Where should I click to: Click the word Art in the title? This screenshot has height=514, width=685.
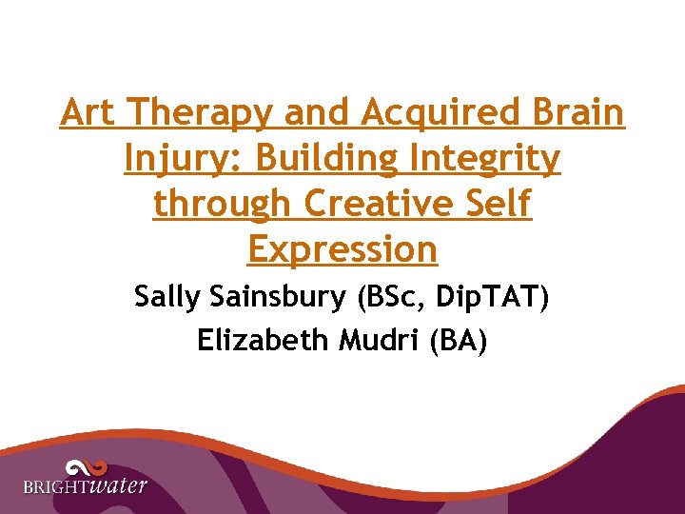[88, 113]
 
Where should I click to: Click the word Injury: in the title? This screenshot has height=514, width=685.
[181, 159]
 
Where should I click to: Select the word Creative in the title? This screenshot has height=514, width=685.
[381, 203]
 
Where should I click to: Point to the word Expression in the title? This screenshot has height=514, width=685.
[342, 249]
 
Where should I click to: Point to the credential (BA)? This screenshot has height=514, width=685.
[458, 340]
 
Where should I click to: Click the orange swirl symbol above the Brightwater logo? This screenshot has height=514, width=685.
[86, 467]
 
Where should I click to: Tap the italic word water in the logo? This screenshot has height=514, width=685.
[119, 485]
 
